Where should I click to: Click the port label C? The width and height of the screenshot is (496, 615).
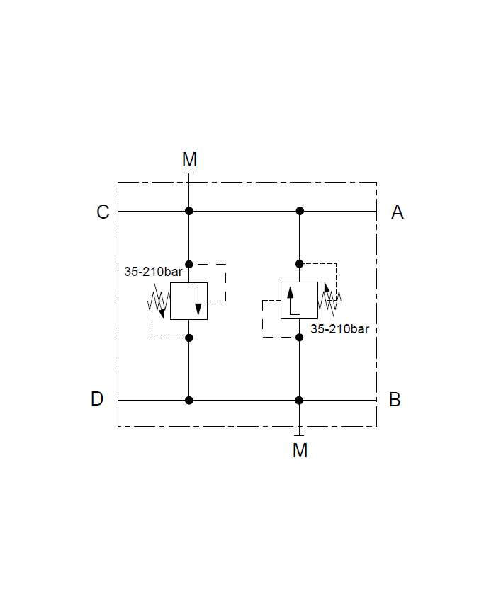(x=103, y=212)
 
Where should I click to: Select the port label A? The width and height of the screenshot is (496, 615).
(x=398, y=212)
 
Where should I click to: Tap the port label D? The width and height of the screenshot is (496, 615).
(x=97, y=399)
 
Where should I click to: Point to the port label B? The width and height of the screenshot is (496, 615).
(x=395, y=399)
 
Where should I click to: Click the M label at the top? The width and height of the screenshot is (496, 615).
(x=189, y=159)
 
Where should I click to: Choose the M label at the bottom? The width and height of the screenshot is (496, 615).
(x=300, y=450)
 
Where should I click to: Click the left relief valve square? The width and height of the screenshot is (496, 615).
(x=188, y=301)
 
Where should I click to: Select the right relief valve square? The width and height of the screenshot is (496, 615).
(x=299, y=300)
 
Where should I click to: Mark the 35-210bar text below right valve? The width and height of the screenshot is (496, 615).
(x=339, y=328)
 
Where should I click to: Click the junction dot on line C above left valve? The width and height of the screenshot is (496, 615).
(x=189, y=211)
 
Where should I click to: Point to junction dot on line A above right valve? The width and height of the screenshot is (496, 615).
(x=300, y=211)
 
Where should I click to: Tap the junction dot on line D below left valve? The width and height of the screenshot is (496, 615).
(x=189, y=400)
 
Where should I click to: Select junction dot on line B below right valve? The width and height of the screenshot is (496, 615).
(x=300, y=400)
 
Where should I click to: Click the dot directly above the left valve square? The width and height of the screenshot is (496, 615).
(x=189, y=263)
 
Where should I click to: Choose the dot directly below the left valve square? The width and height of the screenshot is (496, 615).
(x=189, y=338)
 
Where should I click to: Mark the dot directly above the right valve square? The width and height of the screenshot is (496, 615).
(x=300, y=263)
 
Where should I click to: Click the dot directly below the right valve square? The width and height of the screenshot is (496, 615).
(x=300, y=337)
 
